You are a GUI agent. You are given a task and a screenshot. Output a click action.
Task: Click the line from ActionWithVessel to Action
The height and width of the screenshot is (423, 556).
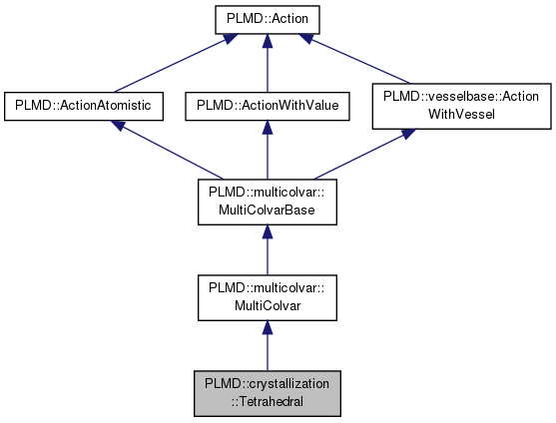(361, 62)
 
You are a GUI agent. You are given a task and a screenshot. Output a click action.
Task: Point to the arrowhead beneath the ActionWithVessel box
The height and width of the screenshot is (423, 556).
(410, 135)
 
